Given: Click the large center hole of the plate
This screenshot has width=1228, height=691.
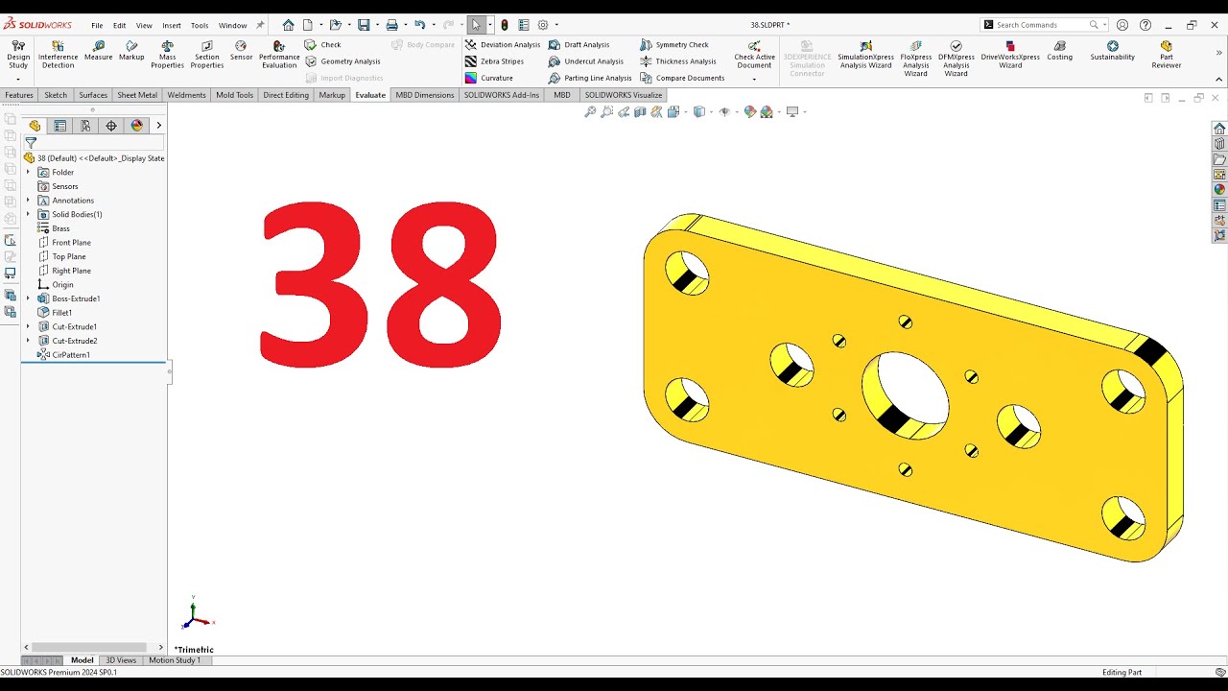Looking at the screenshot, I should (907, 394).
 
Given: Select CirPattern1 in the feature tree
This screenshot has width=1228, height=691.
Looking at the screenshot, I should (70, 355).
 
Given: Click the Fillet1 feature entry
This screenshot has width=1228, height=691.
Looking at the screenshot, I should (61, 313).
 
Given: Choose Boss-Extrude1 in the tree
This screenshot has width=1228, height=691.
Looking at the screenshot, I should (75, 298).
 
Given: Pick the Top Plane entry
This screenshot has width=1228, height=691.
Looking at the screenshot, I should (68, 256).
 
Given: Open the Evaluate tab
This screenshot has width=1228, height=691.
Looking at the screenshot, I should (369, 95).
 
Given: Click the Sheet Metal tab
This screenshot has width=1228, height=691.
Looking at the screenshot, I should (137, 95).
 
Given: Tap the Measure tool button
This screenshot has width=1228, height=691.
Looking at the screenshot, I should (98, 51).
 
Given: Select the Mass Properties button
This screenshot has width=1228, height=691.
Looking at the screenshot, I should (167, 55).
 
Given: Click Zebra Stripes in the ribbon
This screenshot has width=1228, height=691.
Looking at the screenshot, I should (501, 61).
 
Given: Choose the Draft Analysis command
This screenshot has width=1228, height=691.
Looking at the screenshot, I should (585, 45).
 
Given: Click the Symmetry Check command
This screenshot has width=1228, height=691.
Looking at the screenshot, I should (681, 45).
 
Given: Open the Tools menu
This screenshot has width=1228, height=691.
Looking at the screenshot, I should (200, 26).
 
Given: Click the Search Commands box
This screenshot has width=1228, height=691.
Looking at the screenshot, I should (1040, 25).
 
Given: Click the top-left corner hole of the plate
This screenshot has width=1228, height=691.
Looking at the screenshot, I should (686, 273).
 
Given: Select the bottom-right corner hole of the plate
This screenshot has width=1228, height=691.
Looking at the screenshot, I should (1122, 517).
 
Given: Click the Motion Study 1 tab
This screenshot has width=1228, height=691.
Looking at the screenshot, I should (175, 660).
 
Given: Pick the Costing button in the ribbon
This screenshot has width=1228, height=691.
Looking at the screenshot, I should (1059, 51).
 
